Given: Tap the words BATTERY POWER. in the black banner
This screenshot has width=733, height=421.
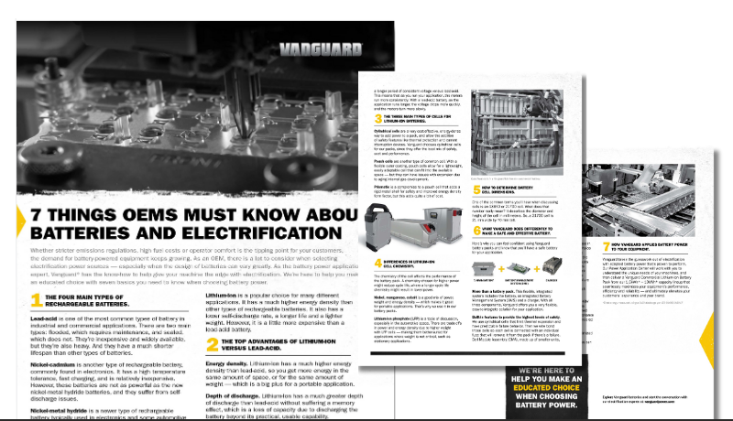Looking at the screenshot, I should (556, 409).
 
